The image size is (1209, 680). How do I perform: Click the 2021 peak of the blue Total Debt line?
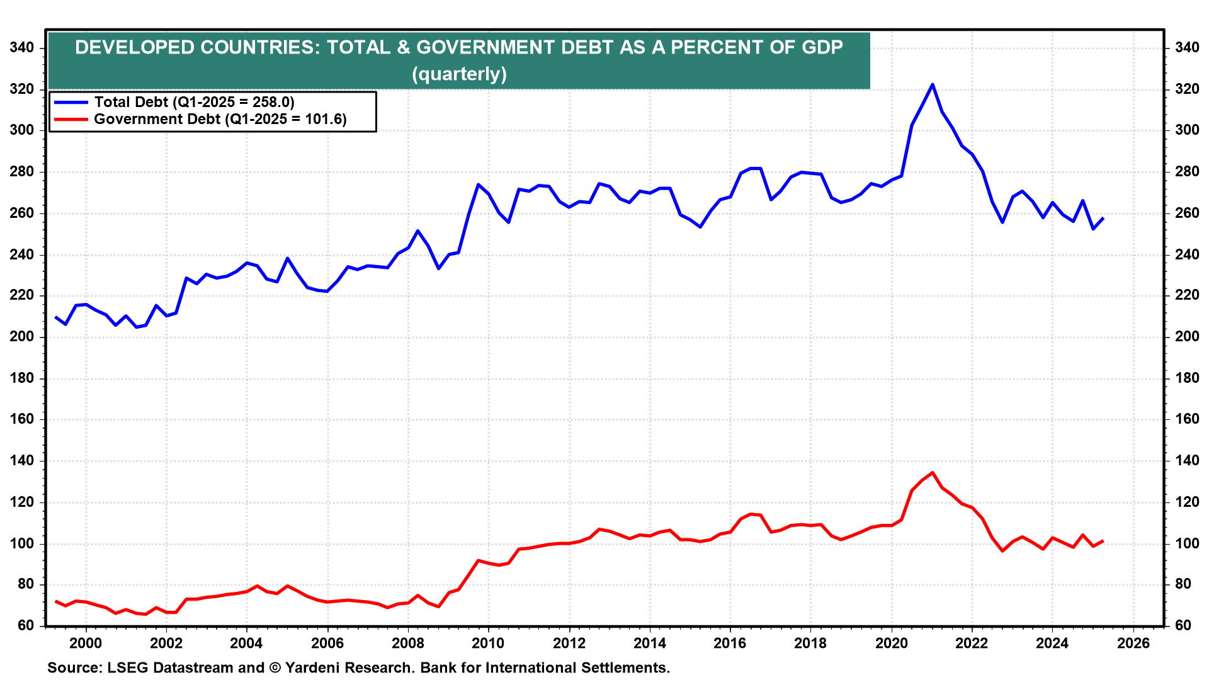pos(933,84)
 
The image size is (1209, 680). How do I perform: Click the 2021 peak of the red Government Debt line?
pos(933,473)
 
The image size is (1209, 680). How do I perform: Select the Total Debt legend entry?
pos(194,102)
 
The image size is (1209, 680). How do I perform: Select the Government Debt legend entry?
pos(220,119)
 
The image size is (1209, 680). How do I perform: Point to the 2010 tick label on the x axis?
pos(488,643)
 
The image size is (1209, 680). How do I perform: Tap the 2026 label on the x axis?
pos(1133,643)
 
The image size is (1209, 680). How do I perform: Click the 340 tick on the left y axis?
pos(23,48)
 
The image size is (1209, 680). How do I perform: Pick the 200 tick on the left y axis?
pos(23,337)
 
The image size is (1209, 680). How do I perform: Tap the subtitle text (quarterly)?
pos(459,74)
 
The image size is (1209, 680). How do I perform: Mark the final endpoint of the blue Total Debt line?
pos(1103,218)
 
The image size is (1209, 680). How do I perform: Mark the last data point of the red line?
pos(1103,541)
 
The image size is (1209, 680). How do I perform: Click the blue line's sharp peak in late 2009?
pos(478,184)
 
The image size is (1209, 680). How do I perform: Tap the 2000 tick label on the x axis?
pos(86,643)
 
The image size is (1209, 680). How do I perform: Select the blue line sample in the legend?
pos(71,102)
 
